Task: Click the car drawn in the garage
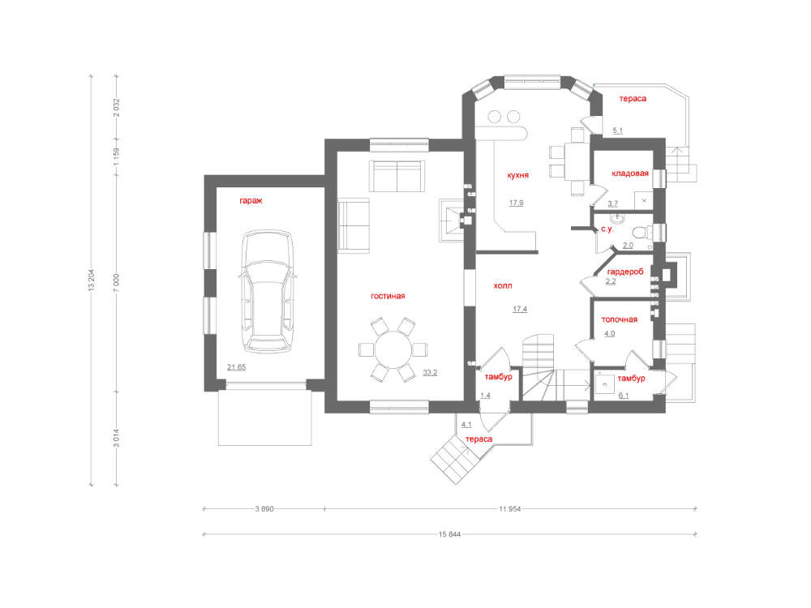tap(268, 292)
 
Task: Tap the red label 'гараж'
tap(251, 200)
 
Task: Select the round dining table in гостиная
tap(393, 349)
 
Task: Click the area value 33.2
tap(430, 372)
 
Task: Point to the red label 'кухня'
tap(517, 175)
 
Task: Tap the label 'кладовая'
tap(630, 173)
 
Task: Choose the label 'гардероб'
tap(625, 272)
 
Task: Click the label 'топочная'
tap(619, 319)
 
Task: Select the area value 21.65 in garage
tap(236, 367)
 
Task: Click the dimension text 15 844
tap(449, 534)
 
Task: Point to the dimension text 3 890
tap(264, 509)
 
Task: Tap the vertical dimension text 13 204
tap(92, 280)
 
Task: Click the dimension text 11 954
tap(509, 509)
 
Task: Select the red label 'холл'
tap(503, 285)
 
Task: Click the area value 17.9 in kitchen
tap(516, 203)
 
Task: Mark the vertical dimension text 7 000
tap(116, 283)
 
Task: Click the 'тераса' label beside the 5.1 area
tap(633, 98)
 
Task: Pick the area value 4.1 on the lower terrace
tap(466, 425)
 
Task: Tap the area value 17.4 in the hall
tap(520, 309)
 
